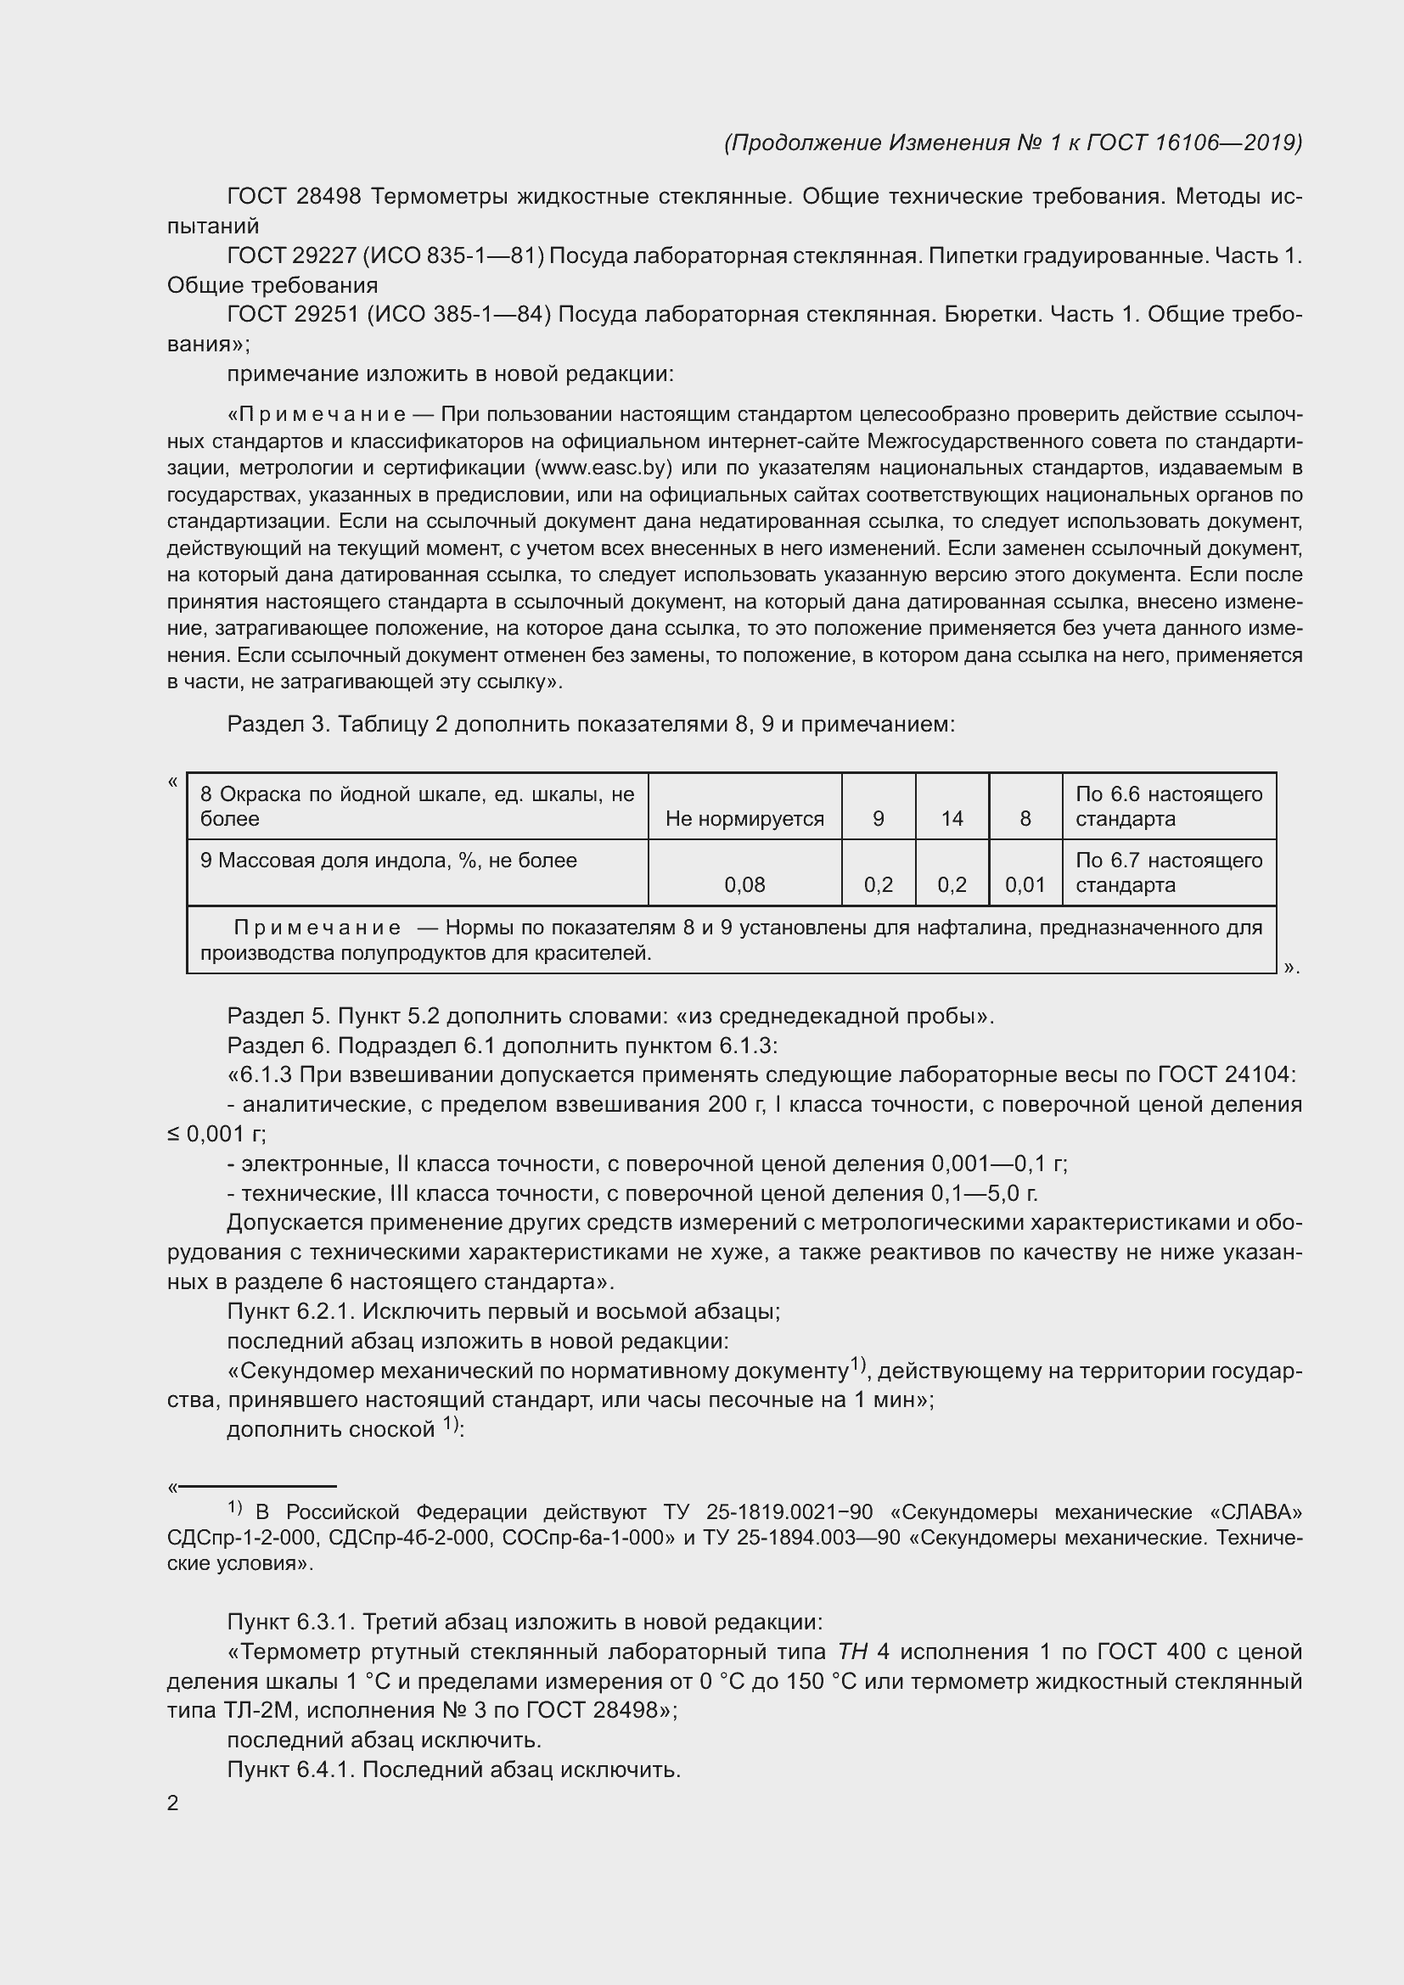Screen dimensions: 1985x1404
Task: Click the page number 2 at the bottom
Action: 173,1803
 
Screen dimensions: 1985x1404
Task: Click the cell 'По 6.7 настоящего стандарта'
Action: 1168,872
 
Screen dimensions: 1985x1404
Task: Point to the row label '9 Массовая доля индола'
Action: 388,861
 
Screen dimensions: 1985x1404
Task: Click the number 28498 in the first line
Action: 328,196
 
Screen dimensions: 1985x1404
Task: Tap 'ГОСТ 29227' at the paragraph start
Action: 292,255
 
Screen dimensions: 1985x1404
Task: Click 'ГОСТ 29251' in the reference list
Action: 292,314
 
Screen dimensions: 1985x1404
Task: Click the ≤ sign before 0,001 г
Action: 173,1135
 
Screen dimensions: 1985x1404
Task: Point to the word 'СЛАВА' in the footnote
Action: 1256,1512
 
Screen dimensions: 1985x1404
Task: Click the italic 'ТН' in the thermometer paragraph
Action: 851,1651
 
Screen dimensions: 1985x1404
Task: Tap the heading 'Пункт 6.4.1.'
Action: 290,1769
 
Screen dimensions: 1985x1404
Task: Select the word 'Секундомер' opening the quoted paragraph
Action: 307,1371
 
